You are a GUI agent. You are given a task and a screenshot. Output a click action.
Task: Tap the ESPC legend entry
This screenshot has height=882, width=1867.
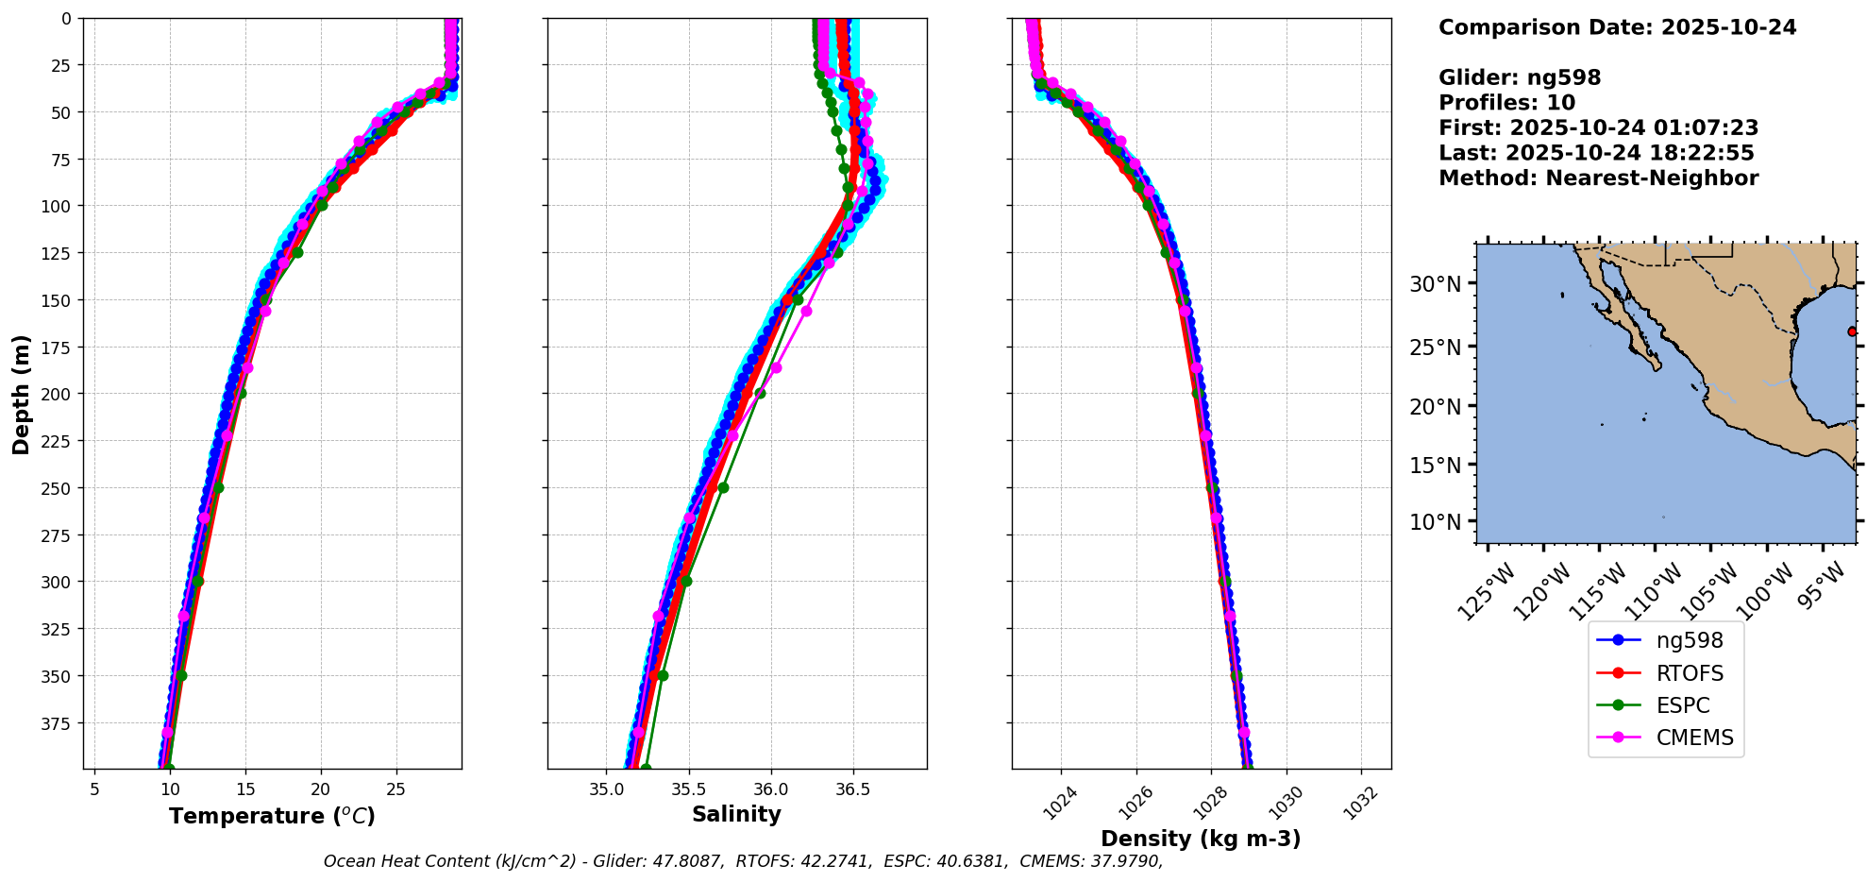(1682, 705)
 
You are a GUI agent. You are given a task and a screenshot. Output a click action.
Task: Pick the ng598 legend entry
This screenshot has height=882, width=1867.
(1689, 640)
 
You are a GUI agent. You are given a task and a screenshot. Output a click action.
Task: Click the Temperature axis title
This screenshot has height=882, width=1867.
(272, 816)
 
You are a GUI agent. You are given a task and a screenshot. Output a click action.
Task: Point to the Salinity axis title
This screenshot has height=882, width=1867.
(736, 814)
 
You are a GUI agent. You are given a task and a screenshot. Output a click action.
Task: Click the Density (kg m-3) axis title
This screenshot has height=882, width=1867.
(1201, 839)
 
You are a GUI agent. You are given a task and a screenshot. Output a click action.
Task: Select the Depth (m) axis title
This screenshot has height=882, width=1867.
(21, 394)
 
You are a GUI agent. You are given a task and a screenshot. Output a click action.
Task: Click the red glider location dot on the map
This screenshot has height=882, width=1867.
(1852, 331)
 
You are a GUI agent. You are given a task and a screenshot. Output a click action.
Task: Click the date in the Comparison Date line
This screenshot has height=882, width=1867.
(1728, 27)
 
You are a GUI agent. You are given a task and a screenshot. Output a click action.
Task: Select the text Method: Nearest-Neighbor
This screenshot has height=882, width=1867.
(1598, 178)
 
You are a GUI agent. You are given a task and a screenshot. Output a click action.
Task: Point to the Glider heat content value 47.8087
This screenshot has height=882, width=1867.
(694, 861)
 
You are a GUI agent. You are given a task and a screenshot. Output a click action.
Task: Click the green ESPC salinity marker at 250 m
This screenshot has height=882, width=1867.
(723, 488)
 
